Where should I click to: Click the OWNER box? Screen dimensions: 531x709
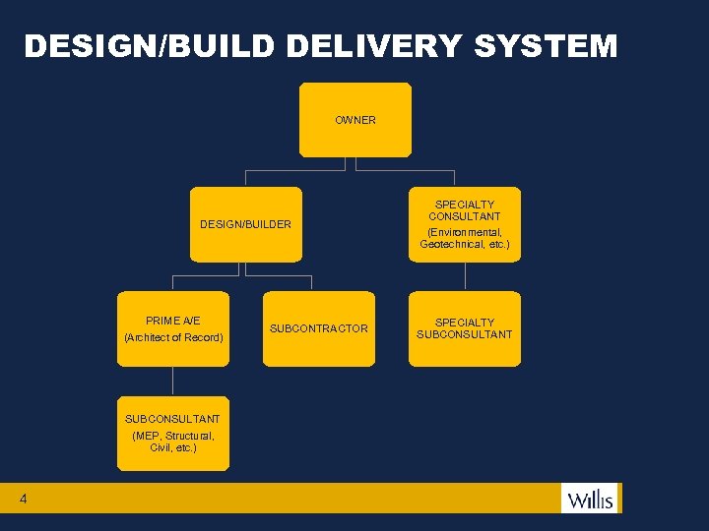[355, 120]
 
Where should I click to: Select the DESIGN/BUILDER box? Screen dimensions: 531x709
[246, 224]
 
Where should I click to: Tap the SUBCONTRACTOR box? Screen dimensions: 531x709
[319, 328]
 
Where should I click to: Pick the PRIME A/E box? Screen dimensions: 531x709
[173, 328]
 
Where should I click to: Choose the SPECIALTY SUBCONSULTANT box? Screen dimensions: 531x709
[465, 328]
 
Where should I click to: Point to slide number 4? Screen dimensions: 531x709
[23, 500]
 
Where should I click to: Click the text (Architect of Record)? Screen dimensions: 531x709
[173, 338]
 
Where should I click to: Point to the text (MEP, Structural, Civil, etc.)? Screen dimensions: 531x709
[173, 442]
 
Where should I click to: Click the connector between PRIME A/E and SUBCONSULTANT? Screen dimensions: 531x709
[173, 382]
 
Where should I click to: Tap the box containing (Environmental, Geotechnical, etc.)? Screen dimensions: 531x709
[465, 224]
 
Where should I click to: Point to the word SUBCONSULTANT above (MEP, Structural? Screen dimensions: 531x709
[173, 419]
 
